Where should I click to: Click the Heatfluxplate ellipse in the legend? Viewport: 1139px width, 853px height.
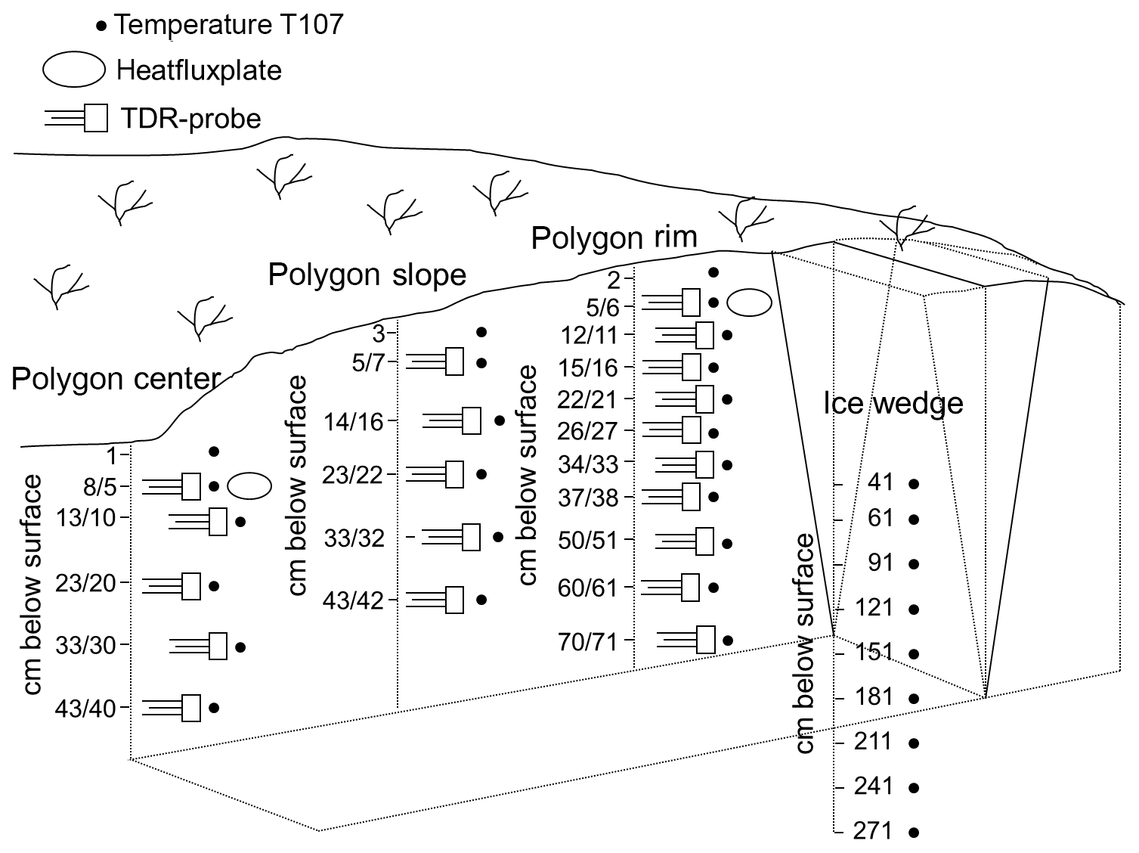[73, 70]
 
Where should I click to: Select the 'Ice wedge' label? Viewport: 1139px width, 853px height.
[893, 403]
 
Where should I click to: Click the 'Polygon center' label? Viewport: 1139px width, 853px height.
[116, 378]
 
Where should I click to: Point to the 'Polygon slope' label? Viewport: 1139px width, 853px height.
[367, 275]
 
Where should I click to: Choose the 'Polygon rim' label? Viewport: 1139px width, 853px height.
[614, 237]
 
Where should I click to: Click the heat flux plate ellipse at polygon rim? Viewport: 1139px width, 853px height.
[749, 302]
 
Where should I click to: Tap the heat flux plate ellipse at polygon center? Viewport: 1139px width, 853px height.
[249, 486]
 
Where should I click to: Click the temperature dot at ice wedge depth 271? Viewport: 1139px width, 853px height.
[914, 833]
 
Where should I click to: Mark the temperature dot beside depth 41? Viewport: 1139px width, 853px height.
[914, 483]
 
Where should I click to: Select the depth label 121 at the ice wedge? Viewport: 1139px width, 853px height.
[874, 607]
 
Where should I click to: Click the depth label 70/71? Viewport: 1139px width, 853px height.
[587, 642]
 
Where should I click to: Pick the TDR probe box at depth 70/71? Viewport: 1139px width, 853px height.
[706, 640]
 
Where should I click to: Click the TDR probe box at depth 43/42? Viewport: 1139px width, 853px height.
[454, 600]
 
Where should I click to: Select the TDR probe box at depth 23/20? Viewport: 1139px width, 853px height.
[191, 586]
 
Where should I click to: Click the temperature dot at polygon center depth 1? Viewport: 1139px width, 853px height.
[214, 451]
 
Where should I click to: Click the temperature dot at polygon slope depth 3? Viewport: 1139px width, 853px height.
[481, 332]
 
